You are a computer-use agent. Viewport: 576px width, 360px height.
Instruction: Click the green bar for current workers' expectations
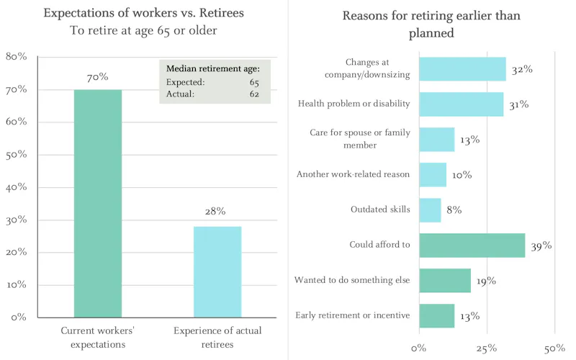(x=97, y=203)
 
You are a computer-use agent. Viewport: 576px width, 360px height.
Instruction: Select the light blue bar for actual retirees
(x=217, y=271)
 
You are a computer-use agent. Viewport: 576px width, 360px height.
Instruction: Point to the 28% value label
(x=215, y=211)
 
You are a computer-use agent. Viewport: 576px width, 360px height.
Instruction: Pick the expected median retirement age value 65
(x=254, y=83)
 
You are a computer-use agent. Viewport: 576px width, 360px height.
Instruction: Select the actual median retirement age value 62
(x=254, y=94)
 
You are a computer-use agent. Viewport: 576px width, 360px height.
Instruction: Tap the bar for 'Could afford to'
(x=472, y=245)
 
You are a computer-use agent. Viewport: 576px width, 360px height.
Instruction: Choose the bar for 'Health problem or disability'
(x=461, y=104)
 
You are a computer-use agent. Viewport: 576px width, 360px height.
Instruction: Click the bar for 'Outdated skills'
(x=429, y=210)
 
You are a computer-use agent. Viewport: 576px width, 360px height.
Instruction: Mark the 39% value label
(x=541, y=246)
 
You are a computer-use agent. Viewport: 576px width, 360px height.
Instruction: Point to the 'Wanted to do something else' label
(x=352, y=280)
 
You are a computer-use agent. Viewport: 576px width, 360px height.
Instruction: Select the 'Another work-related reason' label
(x=353, y=174)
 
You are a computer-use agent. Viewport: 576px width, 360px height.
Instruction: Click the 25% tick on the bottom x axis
(x=487, y=348)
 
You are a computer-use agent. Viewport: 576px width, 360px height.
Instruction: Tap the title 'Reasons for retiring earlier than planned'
(x=431, y=24)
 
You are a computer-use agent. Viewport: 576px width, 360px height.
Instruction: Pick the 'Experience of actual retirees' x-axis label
(x=217, y=337)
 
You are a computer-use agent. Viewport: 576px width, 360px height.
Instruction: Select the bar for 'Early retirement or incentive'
(x=436, y=315)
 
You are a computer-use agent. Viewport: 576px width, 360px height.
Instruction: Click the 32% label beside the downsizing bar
(x=521, y=70)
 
